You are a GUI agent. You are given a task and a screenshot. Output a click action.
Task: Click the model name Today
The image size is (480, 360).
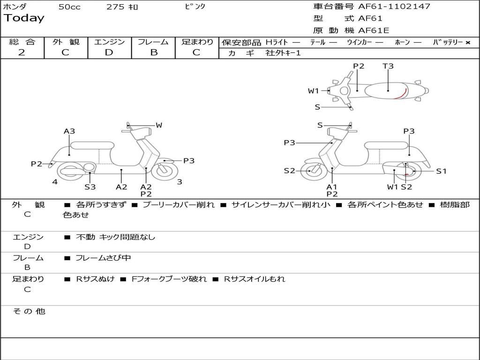(24, 18)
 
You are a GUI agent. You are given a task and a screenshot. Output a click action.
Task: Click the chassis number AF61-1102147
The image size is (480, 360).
(394, 7)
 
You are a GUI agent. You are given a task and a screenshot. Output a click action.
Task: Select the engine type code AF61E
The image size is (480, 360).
(374, 30)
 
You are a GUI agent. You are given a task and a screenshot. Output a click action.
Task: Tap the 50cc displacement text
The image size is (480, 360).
(69, 7)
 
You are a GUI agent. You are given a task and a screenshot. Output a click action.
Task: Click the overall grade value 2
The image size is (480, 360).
(22, 52)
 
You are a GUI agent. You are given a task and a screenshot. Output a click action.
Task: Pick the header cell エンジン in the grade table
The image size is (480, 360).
(109, 42)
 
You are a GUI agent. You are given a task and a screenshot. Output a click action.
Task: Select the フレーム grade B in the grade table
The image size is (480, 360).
(154, 52)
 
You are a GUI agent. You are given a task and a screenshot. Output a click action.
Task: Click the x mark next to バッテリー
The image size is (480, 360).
(468, 43)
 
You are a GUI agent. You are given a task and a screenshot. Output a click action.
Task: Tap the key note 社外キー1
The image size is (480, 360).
(283, 53)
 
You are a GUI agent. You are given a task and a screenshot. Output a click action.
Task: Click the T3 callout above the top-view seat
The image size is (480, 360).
(388, 66)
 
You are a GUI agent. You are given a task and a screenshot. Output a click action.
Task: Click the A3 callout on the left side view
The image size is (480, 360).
(69, 131)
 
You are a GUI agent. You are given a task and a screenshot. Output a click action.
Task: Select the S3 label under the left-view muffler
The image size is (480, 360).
(90, 187)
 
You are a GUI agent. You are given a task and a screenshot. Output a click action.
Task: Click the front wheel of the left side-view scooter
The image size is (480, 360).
(165, 172)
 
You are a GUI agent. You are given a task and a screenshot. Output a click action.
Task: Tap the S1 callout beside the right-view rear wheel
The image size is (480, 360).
(441, 171)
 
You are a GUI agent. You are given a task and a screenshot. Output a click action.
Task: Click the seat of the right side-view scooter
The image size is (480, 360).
(386, 145)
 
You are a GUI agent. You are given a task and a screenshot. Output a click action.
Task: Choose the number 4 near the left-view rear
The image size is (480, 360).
(55, 182)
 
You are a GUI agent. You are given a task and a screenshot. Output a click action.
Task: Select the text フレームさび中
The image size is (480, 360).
(103, 258)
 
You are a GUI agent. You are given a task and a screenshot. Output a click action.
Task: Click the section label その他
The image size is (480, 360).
(29, 311)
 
